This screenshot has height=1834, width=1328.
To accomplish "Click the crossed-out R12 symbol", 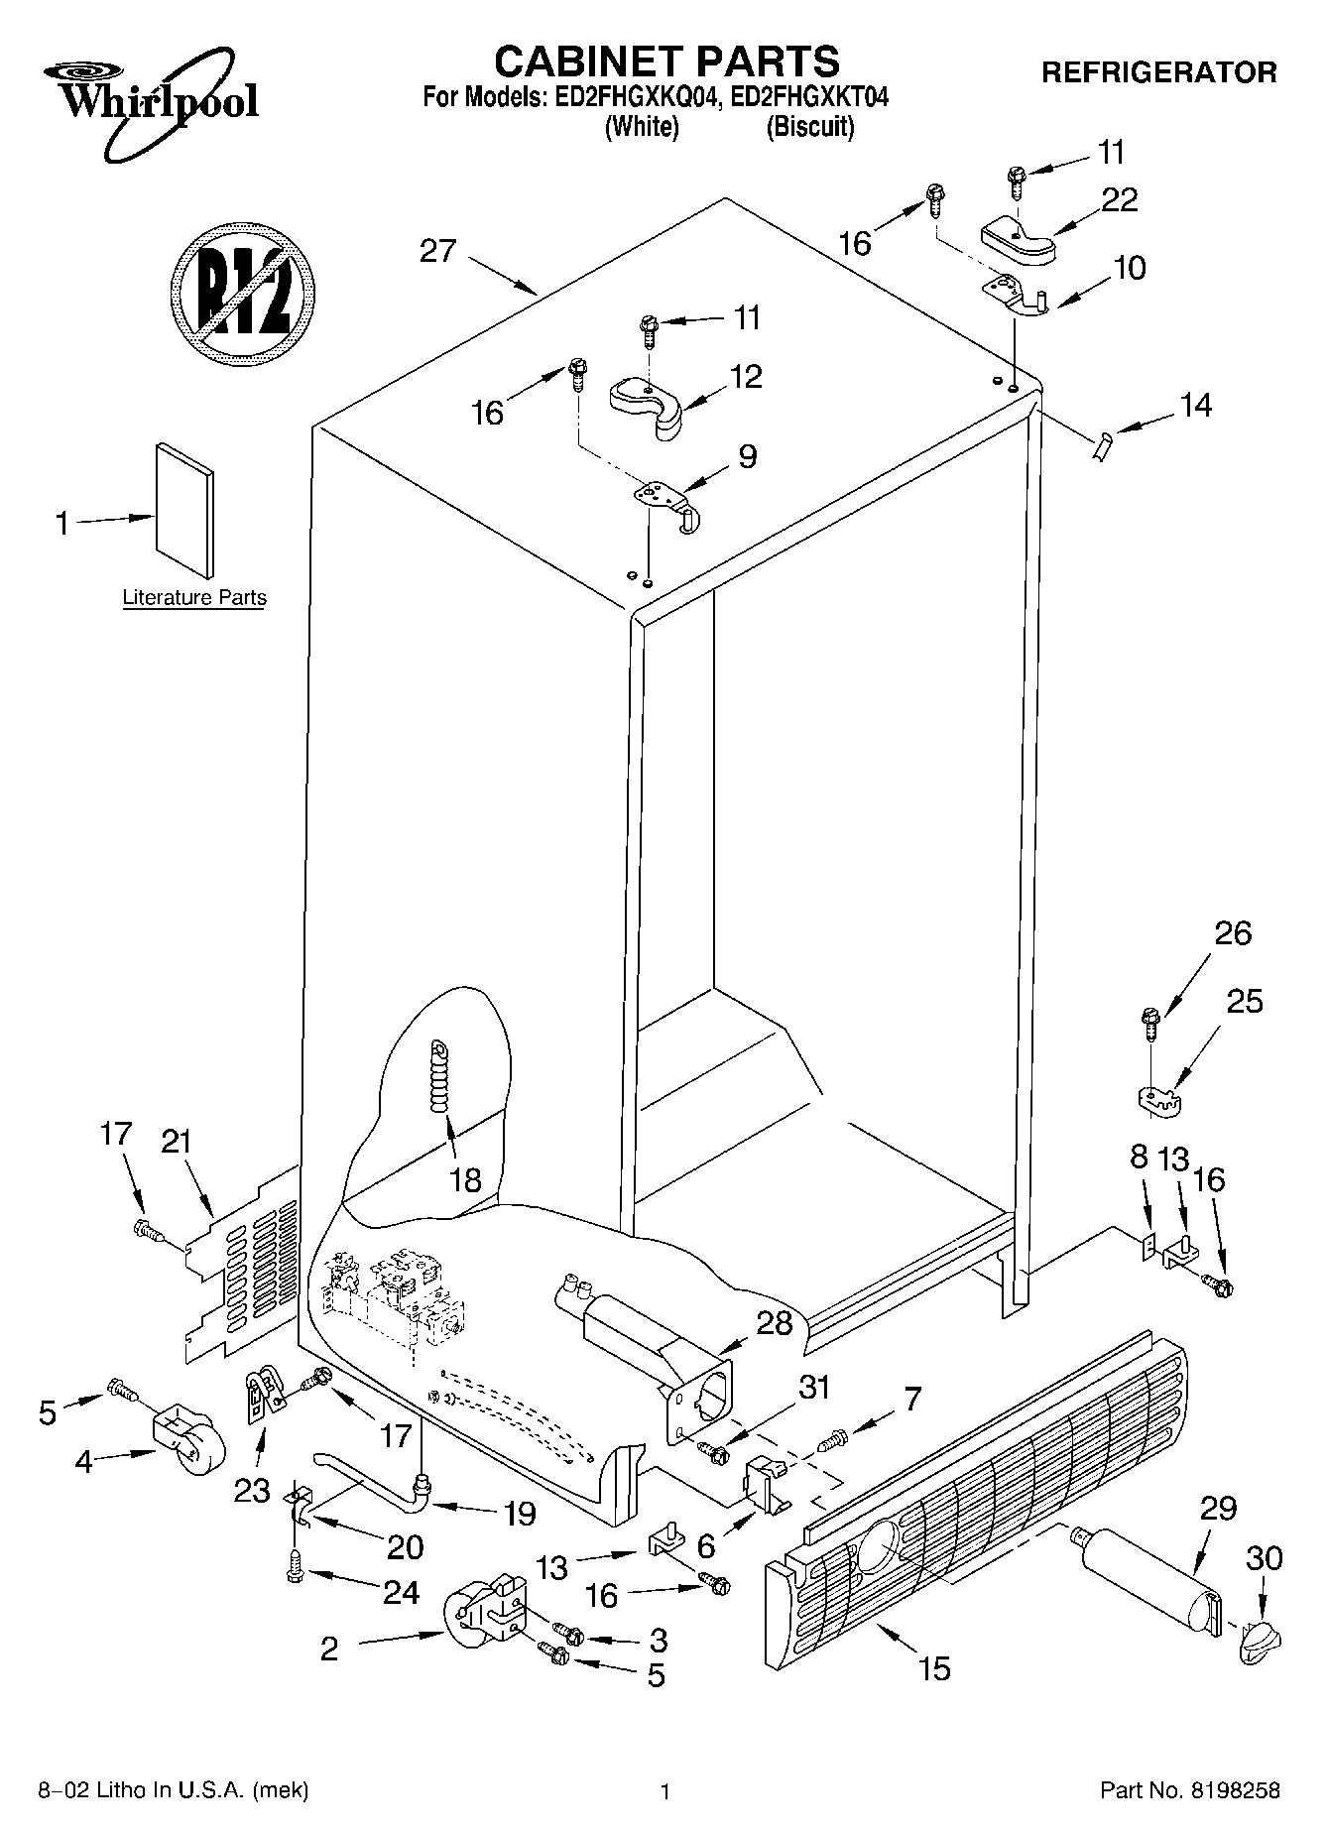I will pos(242,289).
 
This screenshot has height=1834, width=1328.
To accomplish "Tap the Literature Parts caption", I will pos(194,598).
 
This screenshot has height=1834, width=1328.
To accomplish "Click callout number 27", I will pos(437,251).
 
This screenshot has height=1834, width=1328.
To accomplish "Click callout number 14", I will pos(1196,405).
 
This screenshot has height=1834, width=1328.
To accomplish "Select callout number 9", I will pos(747,456).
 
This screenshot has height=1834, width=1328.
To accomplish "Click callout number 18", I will pos(465,1179).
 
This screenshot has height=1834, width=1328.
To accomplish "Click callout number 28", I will pos(775,1322).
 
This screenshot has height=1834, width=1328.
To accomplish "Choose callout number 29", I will pos(1218,1509).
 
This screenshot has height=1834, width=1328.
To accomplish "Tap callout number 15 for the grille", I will pos(934,1668).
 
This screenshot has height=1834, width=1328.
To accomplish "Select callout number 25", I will pos(1245,1002).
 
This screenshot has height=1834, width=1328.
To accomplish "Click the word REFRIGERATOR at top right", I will pos(1158,72).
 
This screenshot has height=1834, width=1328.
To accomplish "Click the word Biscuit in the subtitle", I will pos(809,127).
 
